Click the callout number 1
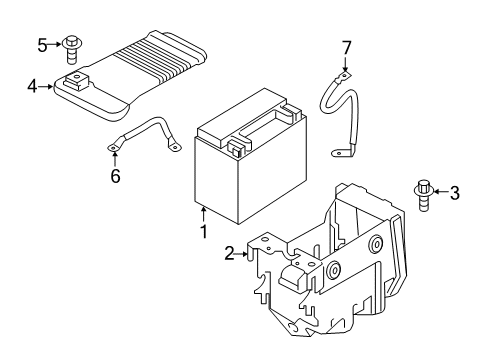[203, 232]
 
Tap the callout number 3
[454, 193]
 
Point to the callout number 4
[32, 87]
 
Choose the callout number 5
[42, 44]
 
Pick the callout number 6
[115, 177]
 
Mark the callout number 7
[347, 47]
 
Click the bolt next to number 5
[73, 46]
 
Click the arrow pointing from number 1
[203, 214]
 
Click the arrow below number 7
[346, 65]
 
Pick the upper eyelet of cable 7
[345, 76]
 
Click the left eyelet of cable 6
[114, 150]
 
